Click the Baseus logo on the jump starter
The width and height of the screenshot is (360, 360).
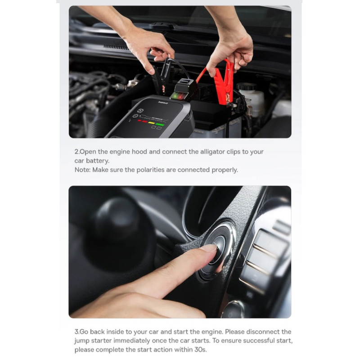click(x=163, y=103)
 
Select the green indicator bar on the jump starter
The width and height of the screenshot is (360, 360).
click(x=160, y=124)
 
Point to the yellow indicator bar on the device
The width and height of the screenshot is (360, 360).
click(x=152, y=123)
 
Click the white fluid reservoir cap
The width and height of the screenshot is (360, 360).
click(x=246, y=87)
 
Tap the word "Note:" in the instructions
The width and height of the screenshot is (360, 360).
click(x=82, y=170)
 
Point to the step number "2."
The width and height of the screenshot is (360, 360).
click(x=77, y=152)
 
